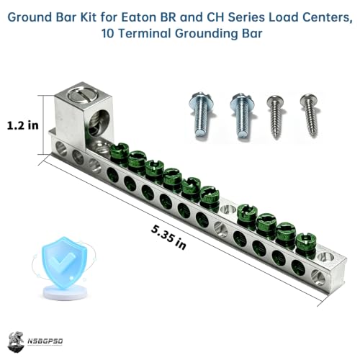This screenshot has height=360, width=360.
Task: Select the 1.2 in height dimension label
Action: tap(23, 125)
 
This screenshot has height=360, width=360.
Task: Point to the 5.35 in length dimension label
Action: tap(168, 237)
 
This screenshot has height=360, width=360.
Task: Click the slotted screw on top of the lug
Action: tap(83, 95)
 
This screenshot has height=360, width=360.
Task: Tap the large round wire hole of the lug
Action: tap(99, 123)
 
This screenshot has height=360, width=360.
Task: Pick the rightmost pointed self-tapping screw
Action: tap(310, 115)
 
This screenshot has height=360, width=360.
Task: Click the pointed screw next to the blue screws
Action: tap(276, 117)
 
